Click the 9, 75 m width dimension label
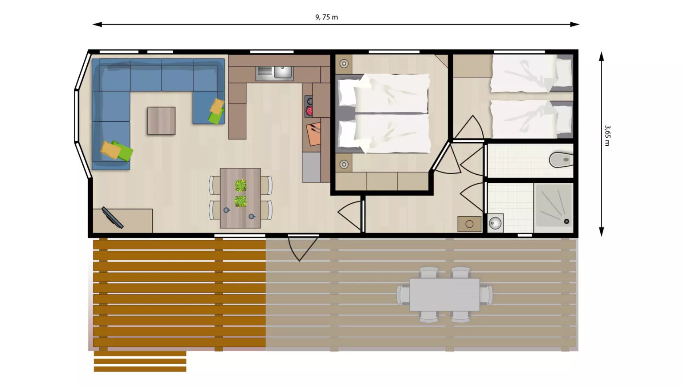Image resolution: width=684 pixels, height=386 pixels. (x=326, y=17)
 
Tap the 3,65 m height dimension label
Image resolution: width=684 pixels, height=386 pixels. (x=607, y=136)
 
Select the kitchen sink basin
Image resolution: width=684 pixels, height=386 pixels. (x=283, y=72)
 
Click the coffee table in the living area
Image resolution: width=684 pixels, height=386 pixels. (x=161, y=121)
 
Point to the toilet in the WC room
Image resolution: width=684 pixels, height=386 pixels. (x=561, y=160)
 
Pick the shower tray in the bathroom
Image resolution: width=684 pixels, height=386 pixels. (x=554, y=205)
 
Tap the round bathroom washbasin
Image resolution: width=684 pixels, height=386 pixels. (x=495, y=223)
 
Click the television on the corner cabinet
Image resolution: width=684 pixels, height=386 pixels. (x=112, y=218)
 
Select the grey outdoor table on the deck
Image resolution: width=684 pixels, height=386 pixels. (x=444, y=295)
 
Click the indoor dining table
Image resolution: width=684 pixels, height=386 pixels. (x=240, y=198)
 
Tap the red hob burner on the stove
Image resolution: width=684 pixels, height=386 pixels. (x=309, y=111)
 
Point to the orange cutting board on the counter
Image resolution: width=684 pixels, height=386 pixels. (x=313, y=134)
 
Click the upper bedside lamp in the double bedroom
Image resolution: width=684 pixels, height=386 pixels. (x=344, y=64)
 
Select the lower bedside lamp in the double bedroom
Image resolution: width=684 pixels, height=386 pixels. (x=344, y=164)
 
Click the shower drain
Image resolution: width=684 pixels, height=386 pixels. (x=566, y=221)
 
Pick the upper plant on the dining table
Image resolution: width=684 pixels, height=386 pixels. (x=240, y=185)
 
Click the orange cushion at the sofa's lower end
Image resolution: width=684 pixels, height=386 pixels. (x=110, y=150)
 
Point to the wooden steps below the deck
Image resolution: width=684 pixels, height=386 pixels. (x=140, y=361)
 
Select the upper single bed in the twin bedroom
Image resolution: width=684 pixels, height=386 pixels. (x=531, y=74)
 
